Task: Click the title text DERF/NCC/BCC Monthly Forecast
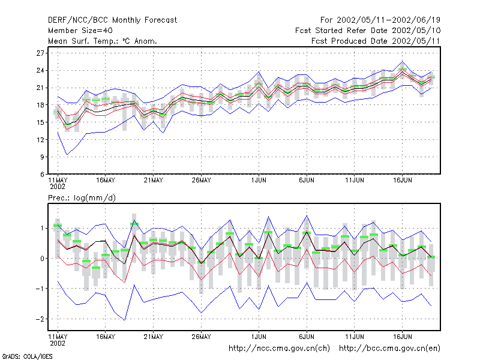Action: pos(112,20)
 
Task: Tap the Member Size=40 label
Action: pos(80,31)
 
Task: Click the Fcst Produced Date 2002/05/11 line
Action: pos(376,41)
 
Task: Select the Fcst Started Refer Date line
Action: pos(368,31)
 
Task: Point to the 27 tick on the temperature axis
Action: pos(40,53)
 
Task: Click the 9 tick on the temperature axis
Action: pos(42,157)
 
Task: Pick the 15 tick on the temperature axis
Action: pos(40,122)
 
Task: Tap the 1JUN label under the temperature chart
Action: pos(259,181)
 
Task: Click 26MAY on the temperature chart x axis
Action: pos(201,181)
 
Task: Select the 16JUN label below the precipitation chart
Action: pos(402,337)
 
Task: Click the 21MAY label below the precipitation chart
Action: pos(154,337)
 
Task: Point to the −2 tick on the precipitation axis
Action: pos(40,319)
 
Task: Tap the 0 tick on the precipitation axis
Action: pos(42,259)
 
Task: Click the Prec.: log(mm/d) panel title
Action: pos(82,198)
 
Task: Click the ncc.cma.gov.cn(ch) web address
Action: pos(279,349)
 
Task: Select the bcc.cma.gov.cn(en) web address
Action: pos(389,349)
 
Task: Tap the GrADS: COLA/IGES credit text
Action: pos(27,356)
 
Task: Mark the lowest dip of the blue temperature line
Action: pos(67,155)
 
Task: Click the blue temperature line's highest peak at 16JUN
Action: pos(402,61)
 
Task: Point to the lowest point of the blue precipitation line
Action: pos(125,320)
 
